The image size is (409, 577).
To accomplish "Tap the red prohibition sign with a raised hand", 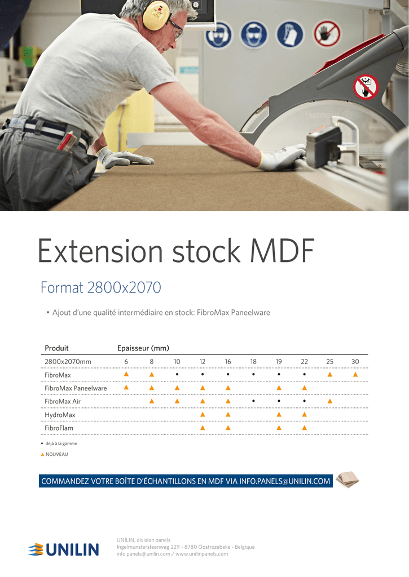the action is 327,34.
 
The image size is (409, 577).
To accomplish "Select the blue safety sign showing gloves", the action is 290,34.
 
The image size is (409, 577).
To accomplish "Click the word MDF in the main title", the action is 282,251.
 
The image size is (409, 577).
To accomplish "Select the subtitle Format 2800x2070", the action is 100,287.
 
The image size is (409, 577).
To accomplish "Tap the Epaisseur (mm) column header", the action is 143,348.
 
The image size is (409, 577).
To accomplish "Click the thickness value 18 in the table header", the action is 253,362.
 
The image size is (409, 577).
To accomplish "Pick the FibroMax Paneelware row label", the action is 76,388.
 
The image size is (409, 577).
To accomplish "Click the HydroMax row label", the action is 60,415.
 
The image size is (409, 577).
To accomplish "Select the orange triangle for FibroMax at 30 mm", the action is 355,375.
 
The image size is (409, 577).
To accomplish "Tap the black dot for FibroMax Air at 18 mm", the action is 253,401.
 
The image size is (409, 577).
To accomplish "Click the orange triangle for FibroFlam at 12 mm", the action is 203,428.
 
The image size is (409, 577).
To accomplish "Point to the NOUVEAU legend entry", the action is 54,455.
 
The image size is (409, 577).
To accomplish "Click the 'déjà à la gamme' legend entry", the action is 59,444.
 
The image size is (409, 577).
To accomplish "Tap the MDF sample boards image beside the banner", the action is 347,480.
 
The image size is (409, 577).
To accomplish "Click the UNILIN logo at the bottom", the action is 64,549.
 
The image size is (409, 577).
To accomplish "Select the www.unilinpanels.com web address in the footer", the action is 201,554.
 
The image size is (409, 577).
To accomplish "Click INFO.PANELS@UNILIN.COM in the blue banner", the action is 284,481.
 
